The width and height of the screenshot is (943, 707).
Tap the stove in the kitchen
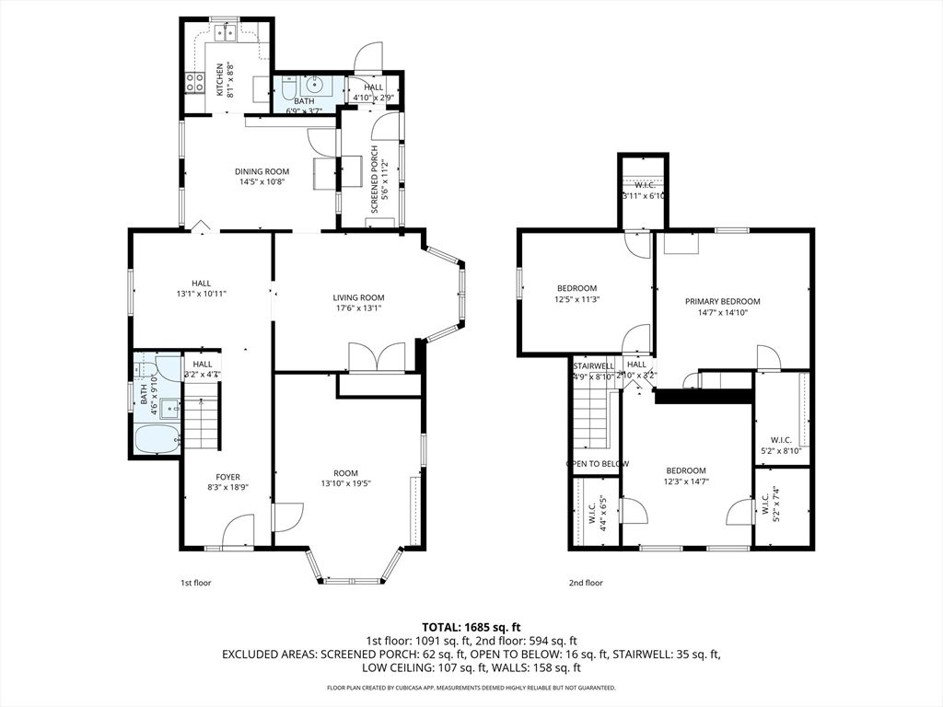[x=194, y=83]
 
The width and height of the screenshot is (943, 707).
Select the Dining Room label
[x=262, y=171]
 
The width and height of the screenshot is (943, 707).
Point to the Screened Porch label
[x=374, y=180]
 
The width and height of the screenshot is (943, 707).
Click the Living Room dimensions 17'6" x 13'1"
[x=358, y=308]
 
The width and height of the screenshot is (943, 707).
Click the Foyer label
[x=227, y=477]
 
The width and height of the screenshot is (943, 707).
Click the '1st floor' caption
[x=195, y=583]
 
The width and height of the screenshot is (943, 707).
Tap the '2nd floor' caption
[x=586, y=583]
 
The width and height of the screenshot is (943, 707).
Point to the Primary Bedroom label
[x=722, y=301]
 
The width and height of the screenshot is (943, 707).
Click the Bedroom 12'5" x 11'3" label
[x=576, y=288]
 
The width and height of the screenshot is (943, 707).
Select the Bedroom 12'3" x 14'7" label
[x=686, y=470]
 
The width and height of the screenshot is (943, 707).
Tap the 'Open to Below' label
[x=597, y=464]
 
